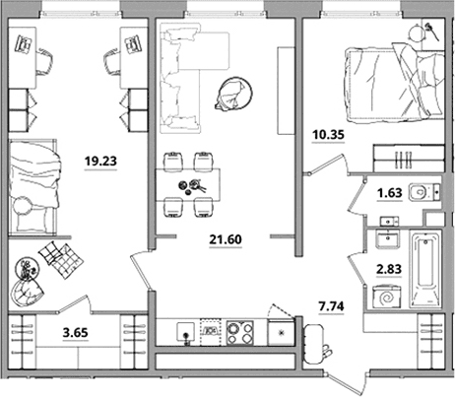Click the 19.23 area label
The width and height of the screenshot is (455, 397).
(100, 162)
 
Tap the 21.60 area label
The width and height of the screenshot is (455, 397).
(226, 239)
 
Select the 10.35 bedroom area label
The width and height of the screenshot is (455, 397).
(328, 134)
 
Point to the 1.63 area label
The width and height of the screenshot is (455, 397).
(390, 193)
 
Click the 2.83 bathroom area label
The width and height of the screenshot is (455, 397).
(389, 269)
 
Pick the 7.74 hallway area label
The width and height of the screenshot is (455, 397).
(332, 306)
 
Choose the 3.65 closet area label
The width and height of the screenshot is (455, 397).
(76, 333)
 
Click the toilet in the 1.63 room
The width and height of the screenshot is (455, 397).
(422, 192)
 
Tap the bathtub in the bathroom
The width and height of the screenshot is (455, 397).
(426, 269)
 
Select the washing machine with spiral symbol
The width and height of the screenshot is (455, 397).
(387, 298)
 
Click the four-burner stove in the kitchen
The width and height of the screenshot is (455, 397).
(240, 332)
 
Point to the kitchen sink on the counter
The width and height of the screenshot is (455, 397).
(186, 332)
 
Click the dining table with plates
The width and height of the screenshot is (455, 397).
(188, 185)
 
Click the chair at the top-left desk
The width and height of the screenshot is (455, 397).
(44, 61)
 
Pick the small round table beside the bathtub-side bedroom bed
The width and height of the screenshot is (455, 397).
(417, 33)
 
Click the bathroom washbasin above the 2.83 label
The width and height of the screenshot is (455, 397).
(388, 239)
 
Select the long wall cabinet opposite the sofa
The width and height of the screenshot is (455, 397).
(286, 91)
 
